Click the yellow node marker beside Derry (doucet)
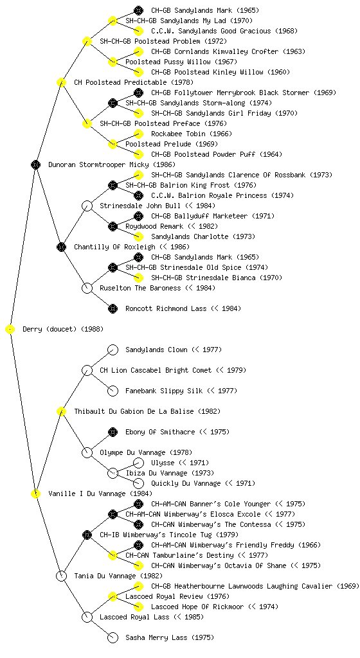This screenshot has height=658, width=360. tap(10, 330)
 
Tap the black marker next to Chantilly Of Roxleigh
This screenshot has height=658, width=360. tap(61, 247)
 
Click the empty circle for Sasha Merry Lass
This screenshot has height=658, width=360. tap(113, 638)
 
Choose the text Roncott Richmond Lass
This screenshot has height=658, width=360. tap(166, 309)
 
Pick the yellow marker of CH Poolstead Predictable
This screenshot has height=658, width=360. tap(61, 83)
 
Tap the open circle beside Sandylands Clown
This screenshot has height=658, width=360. tap(113, 350)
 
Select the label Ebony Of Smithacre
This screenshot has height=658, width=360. tap(160, 432)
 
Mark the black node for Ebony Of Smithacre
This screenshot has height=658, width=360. tap(113, 432)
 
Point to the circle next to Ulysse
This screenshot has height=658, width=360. tap(138, 463)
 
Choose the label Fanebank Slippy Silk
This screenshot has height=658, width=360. tap(164, 391)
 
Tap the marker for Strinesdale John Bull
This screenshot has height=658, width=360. tap(87, 206)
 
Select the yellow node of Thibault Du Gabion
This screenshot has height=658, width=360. tap(61, 412)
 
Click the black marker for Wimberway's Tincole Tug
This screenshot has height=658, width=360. tap(87, 535)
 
